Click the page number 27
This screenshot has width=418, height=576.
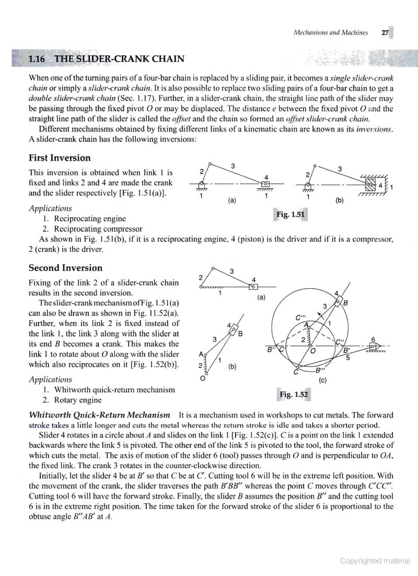click(385, 33)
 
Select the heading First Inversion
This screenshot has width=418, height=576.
click(60, 158)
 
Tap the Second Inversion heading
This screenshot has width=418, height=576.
click(66, 268)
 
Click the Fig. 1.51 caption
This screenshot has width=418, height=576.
click(290, 215)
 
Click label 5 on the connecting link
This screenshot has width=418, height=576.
click(348, 358)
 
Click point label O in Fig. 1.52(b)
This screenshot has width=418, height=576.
click(202, 378)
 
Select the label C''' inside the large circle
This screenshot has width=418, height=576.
click(301, 318)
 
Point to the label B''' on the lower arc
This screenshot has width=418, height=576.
click(318, 370)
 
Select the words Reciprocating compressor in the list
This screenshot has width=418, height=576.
click(98, 229)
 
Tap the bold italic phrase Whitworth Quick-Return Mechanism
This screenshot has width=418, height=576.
click(99, 415)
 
